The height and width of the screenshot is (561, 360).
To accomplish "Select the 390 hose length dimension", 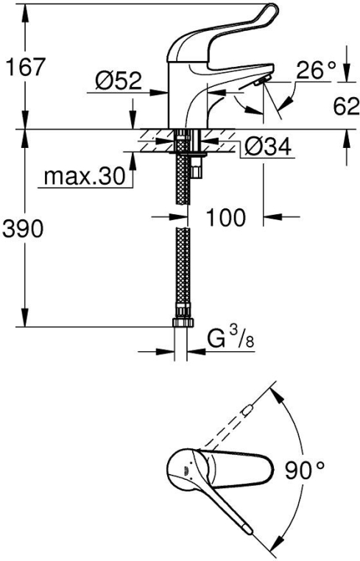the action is (23, 229).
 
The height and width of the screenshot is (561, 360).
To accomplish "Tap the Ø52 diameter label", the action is (118, 81).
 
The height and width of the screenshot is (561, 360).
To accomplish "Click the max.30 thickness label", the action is (85, 176).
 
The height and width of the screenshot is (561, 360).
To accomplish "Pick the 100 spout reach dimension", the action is (226, 216).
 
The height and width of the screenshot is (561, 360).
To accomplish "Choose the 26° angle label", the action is (317, 70).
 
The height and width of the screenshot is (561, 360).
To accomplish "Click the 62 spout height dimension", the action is (346, 106).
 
